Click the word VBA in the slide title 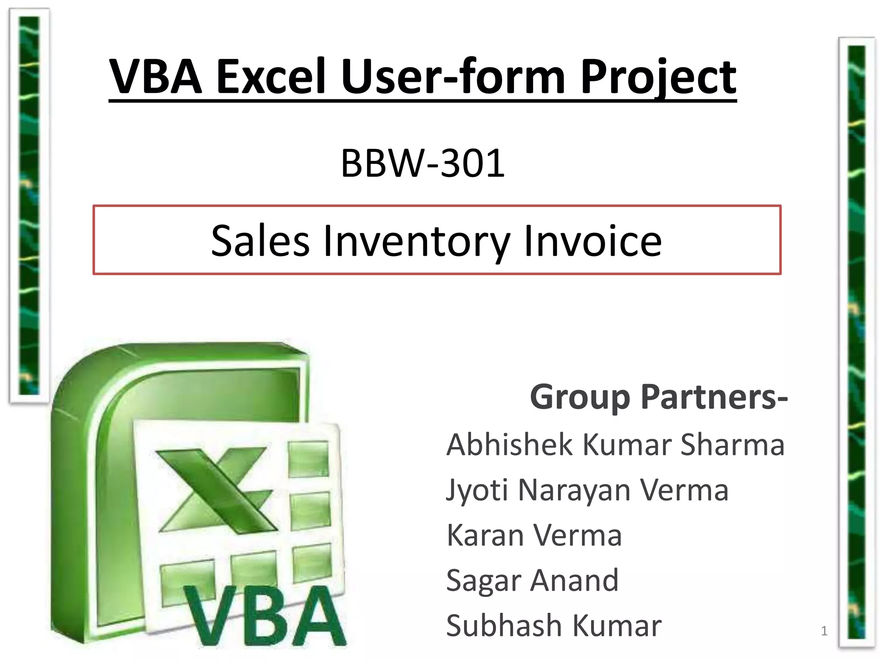pyautogui.click(x=156, y=77)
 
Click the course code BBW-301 pyautogui.click(x=422, y=163)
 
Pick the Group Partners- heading pyautogui.click(x=659, y=397)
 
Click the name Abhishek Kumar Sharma pyautogui.click(x=615, y=445)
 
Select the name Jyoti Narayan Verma pyautogui.click(x=587, y=490)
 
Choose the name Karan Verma pyautogui.click(x=534, y=535)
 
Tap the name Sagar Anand pyautogui.click(x=532, y=581)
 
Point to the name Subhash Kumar pyautogui.click(x=554, y=626)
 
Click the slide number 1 pyautogui.click(x=824, y=631)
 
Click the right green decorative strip pyautogui.click(x=856, y=342)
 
